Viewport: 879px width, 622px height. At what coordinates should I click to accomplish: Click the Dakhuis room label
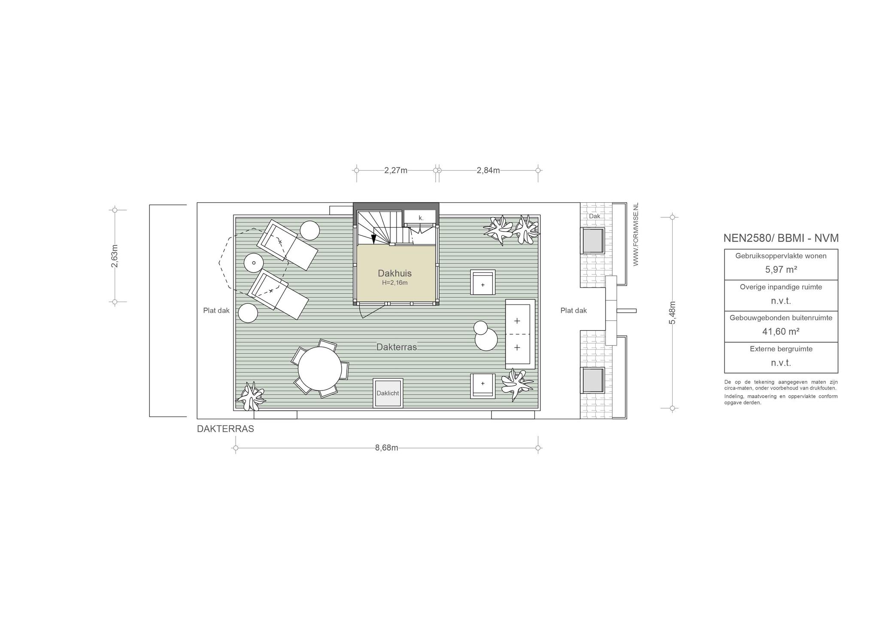coord(394,273)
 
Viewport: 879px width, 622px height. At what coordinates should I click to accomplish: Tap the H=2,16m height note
coord(394,283)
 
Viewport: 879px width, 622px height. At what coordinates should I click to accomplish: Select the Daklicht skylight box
coord(388,393)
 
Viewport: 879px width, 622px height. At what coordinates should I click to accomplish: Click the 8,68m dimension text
coord(387,448)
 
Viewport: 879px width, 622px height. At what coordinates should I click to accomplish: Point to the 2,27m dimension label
coord(396,170)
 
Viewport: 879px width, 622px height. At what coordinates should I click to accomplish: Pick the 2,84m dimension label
coord(488,170)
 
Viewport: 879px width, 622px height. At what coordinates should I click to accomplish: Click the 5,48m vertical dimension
coord(672,313)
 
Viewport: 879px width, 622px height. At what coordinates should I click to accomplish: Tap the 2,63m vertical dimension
coord(115,256)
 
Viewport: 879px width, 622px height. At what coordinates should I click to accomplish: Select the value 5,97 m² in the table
coord(781,270)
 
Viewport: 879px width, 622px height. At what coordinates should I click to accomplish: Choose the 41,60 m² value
coord(781,332)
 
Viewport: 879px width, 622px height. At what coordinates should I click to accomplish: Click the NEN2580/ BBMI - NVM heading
coord(781,238)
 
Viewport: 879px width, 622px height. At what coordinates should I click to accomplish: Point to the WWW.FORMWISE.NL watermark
coord(636,234)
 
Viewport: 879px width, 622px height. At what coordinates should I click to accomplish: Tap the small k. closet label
coord(421,218)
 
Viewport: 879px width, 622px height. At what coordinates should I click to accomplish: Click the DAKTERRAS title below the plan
coord(225,429)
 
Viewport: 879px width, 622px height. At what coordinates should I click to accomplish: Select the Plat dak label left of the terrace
coord(216,311)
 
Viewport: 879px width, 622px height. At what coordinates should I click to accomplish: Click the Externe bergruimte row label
coord(781,349)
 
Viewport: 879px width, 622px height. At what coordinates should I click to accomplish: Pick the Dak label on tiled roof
coord(594,216)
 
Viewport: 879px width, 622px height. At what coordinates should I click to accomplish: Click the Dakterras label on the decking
coord(397,347)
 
